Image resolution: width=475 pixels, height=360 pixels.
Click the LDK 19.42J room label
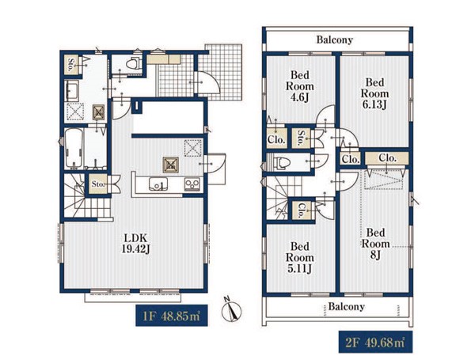pos(136,243)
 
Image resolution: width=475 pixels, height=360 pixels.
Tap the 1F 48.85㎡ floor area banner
pos(172,316)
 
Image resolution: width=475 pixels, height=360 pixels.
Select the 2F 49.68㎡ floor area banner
pos(375,342)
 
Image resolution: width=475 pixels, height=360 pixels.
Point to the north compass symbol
pos(231,309)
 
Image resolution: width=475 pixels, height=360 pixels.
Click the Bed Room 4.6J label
pos(299,86)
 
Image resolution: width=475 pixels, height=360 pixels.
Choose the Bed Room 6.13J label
pos(374,93)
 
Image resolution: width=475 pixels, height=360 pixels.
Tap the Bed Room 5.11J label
pos(299,258)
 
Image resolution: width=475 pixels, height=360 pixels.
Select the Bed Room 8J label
pos(375,244)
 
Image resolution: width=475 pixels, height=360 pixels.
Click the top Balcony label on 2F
pos(335,40)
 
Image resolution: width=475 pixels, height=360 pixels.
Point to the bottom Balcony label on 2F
pos(346,307)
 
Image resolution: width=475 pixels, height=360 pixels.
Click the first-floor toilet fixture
pos(133,63)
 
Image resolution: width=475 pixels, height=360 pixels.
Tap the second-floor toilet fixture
pos(281,162)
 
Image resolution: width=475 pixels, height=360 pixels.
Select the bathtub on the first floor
pos(74,148)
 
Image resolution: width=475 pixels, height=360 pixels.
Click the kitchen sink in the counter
pos(158,184)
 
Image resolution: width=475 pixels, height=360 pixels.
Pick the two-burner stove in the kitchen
pos(192,184)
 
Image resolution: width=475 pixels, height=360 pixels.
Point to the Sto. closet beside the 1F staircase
pos(98,184)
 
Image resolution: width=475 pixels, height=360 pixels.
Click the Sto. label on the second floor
pos(301,138)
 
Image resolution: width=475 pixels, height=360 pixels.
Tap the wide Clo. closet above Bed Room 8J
pos(387,158)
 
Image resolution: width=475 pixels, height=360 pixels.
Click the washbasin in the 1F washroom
pos(72,91)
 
